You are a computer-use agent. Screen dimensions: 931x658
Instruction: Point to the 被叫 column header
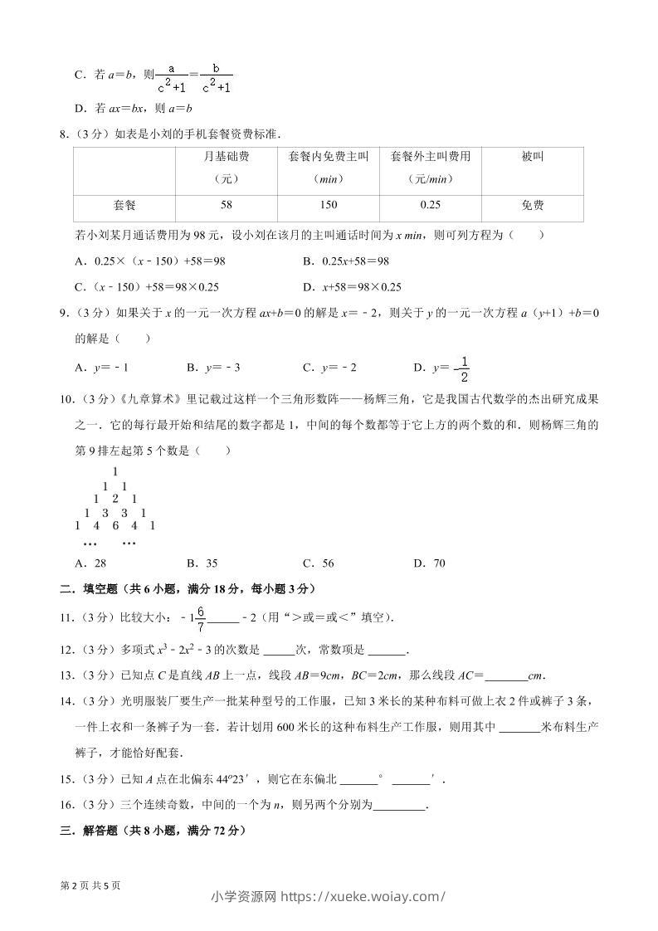(533, 156)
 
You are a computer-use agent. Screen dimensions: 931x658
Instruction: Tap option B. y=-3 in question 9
(213, 368)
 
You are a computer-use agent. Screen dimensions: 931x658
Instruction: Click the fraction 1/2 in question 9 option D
(464, 368)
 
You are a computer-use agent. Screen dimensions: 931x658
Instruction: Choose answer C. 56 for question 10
(319, 563)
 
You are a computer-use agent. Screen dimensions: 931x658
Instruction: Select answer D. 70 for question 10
(429, 563)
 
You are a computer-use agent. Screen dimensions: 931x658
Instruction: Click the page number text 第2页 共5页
(90, 885)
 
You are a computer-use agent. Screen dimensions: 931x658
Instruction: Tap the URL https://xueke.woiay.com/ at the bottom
(365, 896)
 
